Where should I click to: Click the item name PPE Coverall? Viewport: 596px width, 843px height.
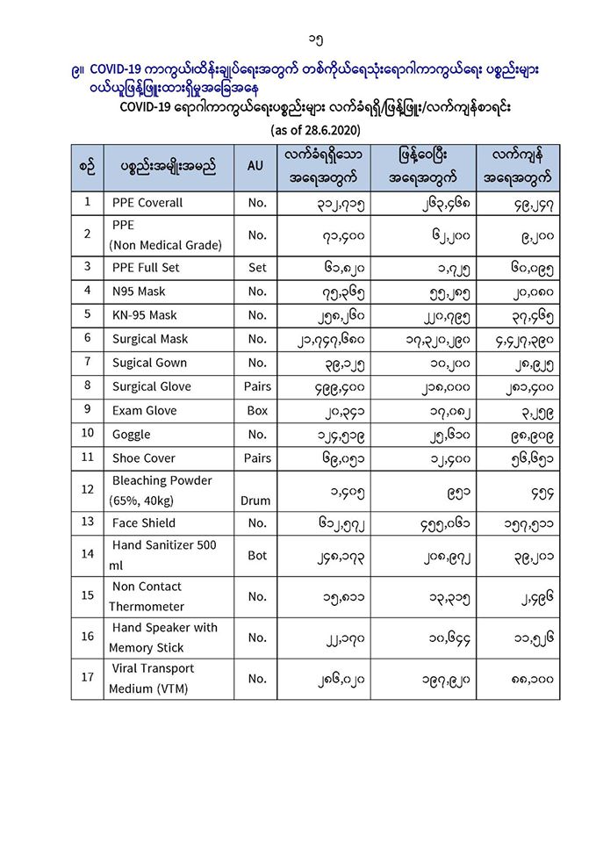(147, 203)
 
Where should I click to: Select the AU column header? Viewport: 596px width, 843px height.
(256, 165)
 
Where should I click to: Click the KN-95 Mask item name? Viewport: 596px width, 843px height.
(144, 314)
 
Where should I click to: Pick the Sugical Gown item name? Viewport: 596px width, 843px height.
(149, 362)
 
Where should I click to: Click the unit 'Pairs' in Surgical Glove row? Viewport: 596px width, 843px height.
(256, 386)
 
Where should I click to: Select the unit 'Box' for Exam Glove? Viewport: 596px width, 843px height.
(256, 410)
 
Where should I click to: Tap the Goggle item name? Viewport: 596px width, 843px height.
(131, 434)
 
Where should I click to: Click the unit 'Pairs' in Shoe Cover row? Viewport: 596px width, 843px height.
(256, 458)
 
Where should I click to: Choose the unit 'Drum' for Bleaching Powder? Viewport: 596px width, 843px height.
(256, 501)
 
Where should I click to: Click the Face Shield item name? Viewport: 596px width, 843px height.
(143, 522)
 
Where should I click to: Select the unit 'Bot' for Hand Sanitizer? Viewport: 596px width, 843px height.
(256, 555)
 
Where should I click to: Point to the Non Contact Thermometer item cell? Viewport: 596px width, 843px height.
(147, 596)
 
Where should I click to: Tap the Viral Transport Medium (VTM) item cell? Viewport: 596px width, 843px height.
(153, 678)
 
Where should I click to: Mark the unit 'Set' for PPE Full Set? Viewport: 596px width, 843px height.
(256, 267)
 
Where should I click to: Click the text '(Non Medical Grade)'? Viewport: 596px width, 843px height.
(165, 245)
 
